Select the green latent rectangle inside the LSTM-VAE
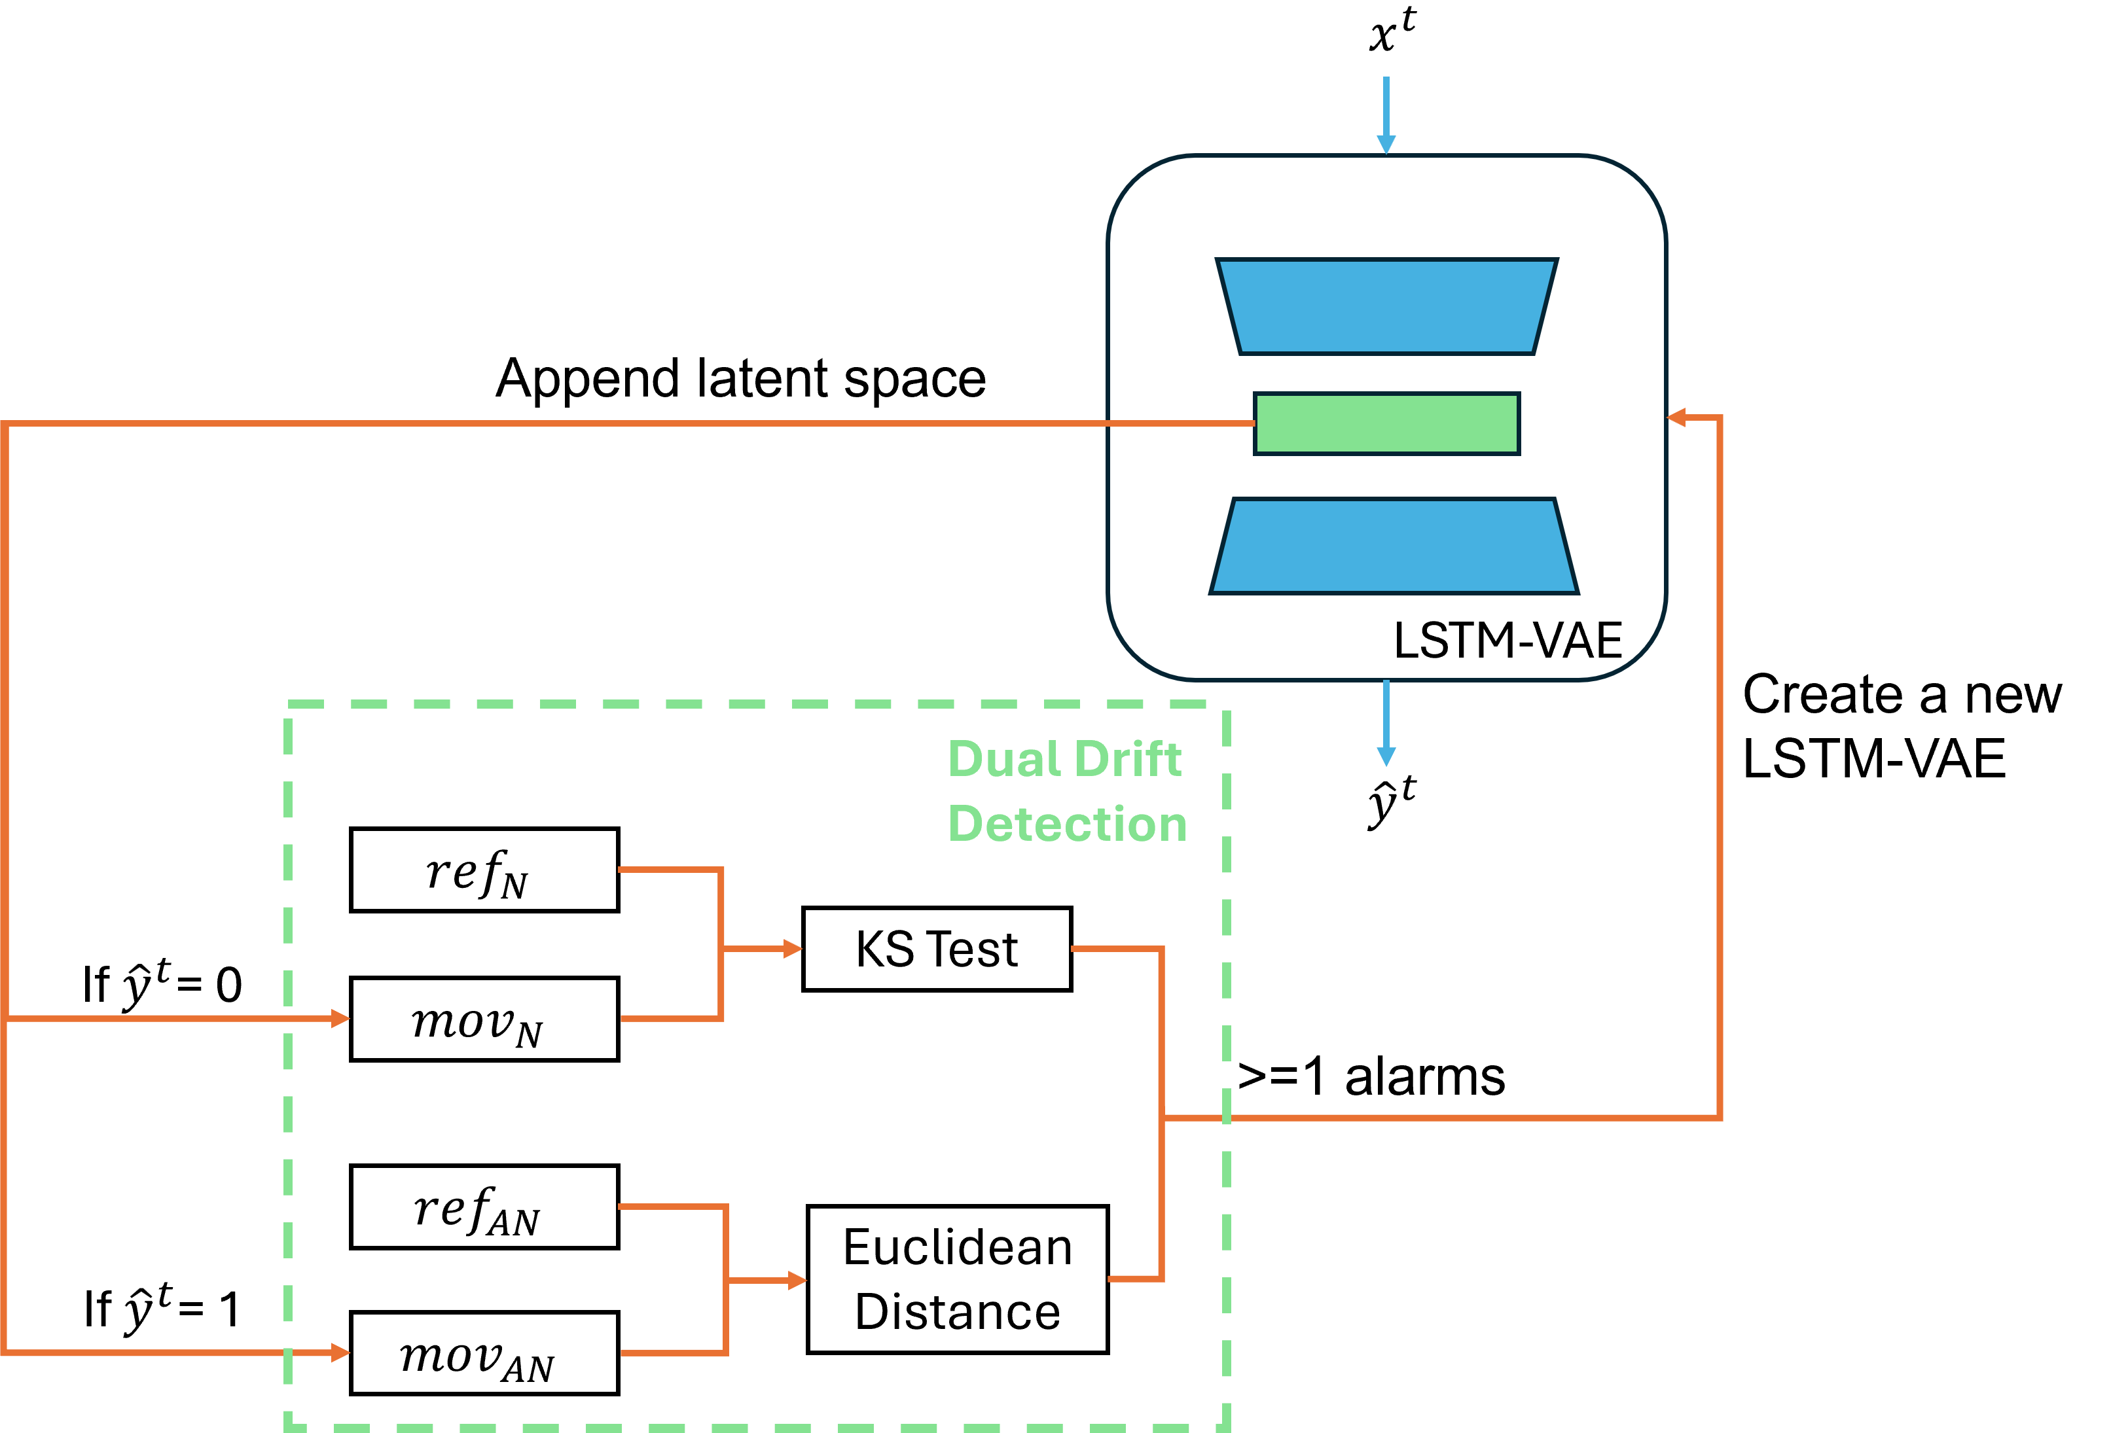[1386, 423]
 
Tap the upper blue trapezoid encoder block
[1386, 307]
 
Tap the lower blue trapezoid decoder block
[1394, 546]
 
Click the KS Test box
[937, 949]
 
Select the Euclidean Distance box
[958, 1279]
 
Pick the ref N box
[484, 870]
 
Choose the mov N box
[484, 1019]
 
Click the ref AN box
[484, 1207]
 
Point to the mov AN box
[484, 1353]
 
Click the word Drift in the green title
[1131, 759]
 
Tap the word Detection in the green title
[1068, 824]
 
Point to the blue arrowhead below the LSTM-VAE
[1386, 756]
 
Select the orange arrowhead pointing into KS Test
[793, 949]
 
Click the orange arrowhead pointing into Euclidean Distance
[797, 1281]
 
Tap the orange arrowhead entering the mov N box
[340, 1019]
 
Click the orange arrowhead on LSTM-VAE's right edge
[1677, 417]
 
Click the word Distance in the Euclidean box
[958, 1312]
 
